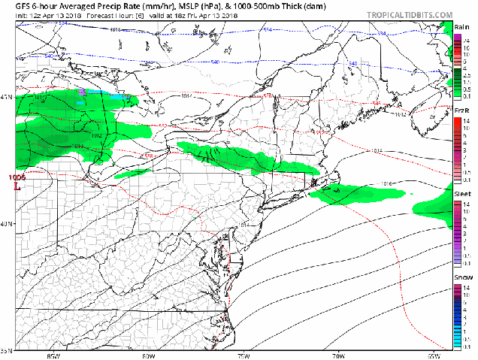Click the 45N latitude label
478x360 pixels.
click(x=7, y=97)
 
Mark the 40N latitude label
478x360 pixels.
click(x=7, y=224)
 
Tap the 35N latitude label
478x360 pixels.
click(x=7, y=350)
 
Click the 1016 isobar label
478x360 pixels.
click(x=387, y=183)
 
